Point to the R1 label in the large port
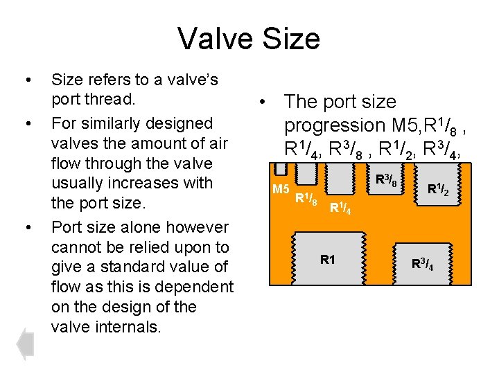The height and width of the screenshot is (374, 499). (328, 260)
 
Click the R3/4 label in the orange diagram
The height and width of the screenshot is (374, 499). (423, 263)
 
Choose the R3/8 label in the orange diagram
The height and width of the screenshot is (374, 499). (386, 181)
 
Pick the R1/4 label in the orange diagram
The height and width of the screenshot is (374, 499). (340, 206)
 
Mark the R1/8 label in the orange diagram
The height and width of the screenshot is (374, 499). (306, 199)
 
